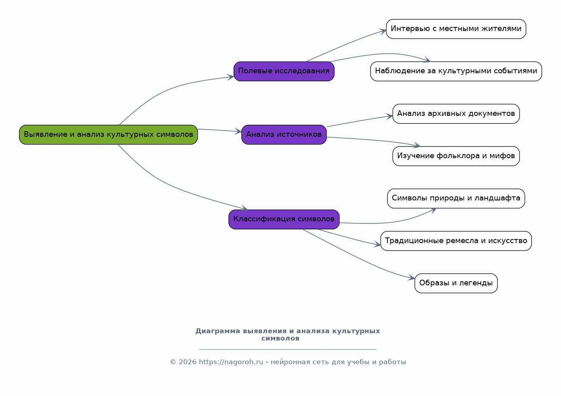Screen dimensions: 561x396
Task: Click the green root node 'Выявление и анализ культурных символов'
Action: [x=108, y=135]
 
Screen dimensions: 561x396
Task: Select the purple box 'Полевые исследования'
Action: [x=284, y=71]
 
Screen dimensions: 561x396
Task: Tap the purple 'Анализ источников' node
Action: [x=284, y=135]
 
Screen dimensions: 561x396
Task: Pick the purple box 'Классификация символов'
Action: [x=284, y=219]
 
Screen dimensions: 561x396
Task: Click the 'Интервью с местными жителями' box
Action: [x=456, y=29]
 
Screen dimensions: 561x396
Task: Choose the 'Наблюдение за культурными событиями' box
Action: [x=456, y=71]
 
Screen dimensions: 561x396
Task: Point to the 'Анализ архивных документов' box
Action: [x=456, y=113]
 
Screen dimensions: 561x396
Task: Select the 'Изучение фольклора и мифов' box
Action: [x=456, y=156]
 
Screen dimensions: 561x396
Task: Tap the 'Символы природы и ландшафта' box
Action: [x=456, y=198]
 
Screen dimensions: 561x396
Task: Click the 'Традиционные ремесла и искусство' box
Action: [x=456, y=241]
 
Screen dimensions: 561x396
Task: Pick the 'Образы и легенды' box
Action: [x=456, y=283]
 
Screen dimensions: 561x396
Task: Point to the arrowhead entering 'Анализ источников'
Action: [x=238, y=132]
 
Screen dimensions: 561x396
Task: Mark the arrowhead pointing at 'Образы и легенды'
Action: [x=411, y=278]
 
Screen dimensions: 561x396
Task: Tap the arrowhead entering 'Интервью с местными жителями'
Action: [x=383, y=31]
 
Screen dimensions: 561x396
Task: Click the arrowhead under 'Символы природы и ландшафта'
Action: [x=433, y=210]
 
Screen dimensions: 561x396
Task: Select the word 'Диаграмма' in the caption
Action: [x=218, y=331]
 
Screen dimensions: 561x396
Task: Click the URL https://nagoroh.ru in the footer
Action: [x=231, y=362]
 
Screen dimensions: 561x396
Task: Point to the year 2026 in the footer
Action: [x=188, y=362]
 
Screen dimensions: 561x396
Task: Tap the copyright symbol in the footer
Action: [x=173, y=362]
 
